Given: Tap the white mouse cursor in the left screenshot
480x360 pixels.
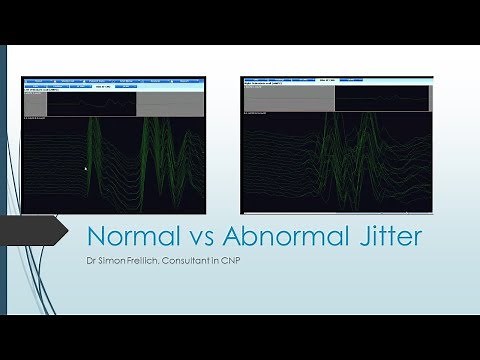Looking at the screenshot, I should (x=86, y=169).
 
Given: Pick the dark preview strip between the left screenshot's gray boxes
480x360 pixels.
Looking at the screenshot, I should (x=92, y=101).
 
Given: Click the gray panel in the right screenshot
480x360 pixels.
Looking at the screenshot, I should (x=289, y=99).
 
